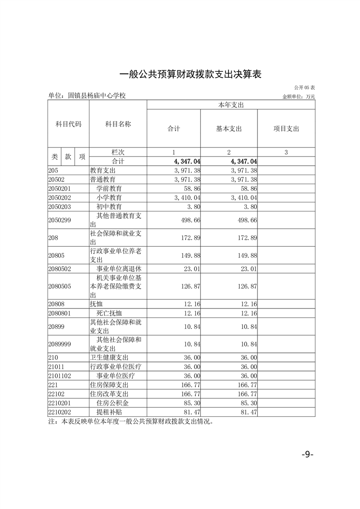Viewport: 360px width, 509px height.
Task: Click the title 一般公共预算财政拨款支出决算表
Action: click(190, 74)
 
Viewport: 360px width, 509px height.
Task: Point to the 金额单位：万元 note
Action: click(298, 96)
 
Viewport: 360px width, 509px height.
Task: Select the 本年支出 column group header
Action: click(231, 105)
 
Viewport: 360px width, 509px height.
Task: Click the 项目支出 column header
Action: click(286, 129)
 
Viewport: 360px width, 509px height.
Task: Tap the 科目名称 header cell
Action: click(118, 124)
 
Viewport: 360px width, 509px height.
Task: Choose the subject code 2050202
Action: click(60, 198)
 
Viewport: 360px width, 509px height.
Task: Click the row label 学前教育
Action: click(109, 188)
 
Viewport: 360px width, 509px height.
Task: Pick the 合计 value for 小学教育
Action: click(187, 198)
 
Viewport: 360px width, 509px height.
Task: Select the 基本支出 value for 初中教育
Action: click(249, 207)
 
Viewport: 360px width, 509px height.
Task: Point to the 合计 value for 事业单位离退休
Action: click(191, 269)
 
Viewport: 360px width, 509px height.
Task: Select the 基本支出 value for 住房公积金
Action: click(249, 403)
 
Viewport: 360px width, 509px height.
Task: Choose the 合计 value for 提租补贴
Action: click(191, 412)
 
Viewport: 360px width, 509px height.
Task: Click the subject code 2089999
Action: click(60, 344)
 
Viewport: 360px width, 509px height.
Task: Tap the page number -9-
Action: click(307, 455)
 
